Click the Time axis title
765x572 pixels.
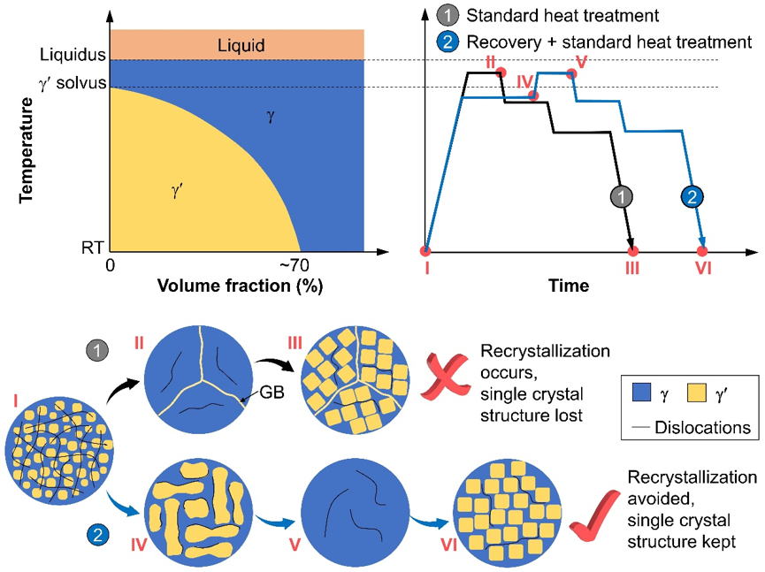point(568,286)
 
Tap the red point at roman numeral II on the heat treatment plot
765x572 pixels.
point(501,72)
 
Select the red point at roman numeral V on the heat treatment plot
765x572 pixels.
point(571,73)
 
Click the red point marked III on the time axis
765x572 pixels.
point(632,251)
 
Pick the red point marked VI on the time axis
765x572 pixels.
point(702,251)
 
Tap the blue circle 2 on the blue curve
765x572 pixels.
point(692,197)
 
